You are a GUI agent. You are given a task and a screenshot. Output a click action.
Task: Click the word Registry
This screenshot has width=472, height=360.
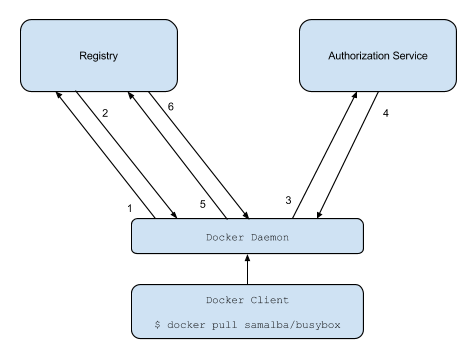[x=98, y=56]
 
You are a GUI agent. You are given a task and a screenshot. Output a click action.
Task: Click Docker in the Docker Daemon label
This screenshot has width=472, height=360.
[x=225, y=237]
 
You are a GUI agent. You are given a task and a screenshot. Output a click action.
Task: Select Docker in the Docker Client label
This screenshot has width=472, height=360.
[x=225, y=300]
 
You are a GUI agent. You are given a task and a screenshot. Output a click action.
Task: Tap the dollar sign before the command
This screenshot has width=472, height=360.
[x=157, y=325]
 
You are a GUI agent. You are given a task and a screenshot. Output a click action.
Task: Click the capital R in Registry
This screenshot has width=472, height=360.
[x=82, y=56]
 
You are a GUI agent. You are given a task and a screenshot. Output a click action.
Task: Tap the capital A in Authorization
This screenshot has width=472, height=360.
[x=332, y=56]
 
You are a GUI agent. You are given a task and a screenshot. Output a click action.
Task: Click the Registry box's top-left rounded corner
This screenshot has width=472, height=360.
[x=25, y=24]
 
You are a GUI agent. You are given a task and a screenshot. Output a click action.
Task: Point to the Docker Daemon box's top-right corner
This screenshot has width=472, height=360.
[x=360, y=222]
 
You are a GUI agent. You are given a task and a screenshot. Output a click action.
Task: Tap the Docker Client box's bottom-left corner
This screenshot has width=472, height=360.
[x=135, y=336]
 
